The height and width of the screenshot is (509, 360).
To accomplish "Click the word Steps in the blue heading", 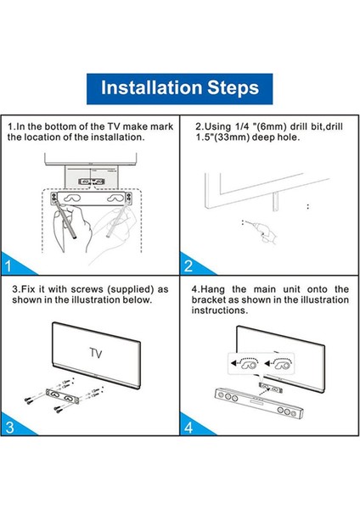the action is click(x=233, y=88).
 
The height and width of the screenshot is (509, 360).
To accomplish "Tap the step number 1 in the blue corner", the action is click(x=8, y=266).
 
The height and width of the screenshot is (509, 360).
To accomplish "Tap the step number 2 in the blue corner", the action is click(x=188, y=266).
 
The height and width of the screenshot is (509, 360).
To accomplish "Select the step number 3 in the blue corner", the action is click(x=9, y=428).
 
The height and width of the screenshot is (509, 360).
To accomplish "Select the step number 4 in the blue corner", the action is click(x=188, y=428).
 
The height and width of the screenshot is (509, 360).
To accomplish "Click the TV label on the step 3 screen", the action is click(x=96, y=353).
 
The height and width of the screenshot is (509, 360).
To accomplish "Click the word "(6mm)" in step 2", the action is click(x=271, y=126).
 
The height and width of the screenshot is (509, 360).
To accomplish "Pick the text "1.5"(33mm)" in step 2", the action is click(x=222, y=137).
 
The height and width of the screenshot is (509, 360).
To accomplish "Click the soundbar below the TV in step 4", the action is click(x=259, y=403).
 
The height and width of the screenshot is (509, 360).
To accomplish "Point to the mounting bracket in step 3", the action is click(x=63, y=396).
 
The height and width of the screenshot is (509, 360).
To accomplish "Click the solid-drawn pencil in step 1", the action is click(x=65, y=220).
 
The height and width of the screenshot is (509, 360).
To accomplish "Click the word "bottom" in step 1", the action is click(x=58, y=126).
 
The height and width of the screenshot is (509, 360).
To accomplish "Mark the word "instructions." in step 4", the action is click(x=220, y=310).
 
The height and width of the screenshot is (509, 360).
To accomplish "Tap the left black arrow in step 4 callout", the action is click(x=234, y=362).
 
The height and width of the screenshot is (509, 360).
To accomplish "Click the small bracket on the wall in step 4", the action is click(x=269, y=388).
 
